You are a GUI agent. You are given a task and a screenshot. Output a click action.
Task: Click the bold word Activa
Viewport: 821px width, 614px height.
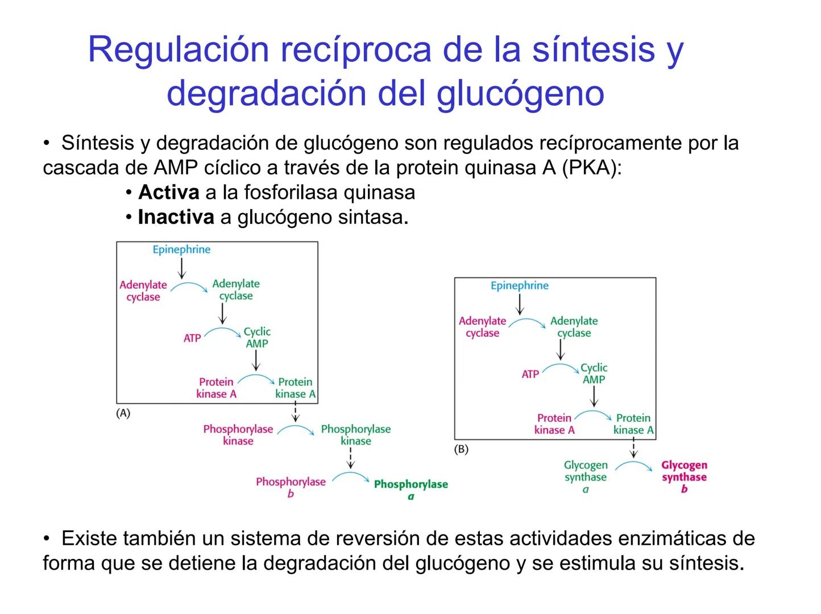tap(168, 193)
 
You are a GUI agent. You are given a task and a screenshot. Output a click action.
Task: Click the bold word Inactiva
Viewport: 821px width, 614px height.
tap(176, 217)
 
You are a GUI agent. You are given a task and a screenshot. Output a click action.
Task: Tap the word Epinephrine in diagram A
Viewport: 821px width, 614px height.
tap(181, 250)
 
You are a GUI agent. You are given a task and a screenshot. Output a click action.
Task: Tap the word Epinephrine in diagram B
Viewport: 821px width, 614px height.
tap(520, 285)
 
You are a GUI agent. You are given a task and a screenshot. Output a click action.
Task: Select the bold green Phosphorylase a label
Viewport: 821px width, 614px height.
tap(410, 489)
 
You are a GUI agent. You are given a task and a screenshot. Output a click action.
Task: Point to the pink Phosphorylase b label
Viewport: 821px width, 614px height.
tap(291, 487)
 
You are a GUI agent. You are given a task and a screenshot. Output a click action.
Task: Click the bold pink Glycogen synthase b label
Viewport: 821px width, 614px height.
tap(684, 477)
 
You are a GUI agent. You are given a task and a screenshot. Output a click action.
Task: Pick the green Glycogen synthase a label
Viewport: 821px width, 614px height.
tap(586, 477)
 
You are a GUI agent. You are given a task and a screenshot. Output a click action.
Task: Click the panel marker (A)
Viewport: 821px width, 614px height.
tap(123, 413)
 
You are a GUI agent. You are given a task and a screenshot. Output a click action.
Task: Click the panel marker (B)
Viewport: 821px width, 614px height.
tap(461, 449)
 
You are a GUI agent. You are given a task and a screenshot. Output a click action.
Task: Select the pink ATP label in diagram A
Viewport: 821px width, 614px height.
tap(192, 338)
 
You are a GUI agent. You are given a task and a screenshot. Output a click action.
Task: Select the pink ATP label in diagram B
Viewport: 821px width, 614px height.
tap(530, 374)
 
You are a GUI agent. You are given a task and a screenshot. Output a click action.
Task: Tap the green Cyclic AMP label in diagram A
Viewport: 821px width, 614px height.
tap(257, 337)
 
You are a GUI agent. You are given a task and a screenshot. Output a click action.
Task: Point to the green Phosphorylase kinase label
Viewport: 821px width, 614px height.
tap(356, 435)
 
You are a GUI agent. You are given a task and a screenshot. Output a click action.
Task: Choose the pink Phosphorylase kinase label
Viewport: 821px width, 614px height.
tap(238, 435)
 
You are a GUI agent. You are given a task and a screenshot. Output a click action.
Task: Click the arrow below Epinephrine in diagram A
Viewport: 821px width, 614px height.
tap(181, 268)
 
